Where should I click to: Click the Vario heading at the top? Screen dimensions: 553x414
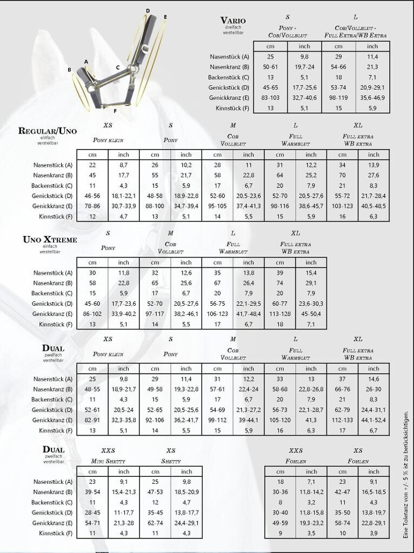click(233, 20)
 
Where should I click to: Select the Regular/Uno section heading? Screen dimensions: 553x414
click(48, 131)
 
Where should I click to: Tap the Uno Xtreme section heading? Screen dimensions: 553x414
click(50, 239)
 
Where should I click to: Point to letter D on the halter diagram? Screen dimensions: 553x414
click(148, 11)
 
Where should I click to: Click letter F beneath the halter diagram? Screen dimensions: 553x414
click(115, 111)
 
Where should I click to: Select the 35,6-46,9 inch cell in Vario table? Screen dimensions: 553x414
click(373, 98)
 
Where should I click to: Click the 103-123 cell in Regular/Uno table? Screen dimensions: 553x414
click(342, 206)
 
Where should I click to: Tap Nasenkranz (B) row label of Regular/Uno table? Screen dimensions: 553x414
click(52, 175)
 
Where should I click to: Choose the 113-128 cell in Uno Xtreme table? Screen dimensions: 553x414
click(279, 314)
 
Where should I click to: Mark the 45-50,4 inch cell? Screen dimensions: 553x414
click(311, 314)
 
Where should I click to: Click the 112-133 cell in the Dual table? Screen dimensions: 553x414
click(342, 420)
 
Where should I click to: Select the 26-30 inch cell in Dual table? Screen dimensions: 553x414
click(373, 389)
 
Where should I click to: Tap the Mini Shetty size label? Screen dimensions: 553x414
click(108, 461)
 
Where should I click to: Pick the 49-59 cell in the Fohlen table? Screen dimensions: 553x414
click(279, 523)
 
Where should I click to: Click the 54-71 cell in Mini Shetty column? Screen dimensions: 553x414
click(92, 523)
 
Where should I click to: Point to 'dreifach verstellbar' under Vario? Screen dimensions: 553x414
click(233, 30)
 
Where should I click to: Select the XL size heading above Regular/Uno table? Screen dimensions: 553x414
click(358, 125)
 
